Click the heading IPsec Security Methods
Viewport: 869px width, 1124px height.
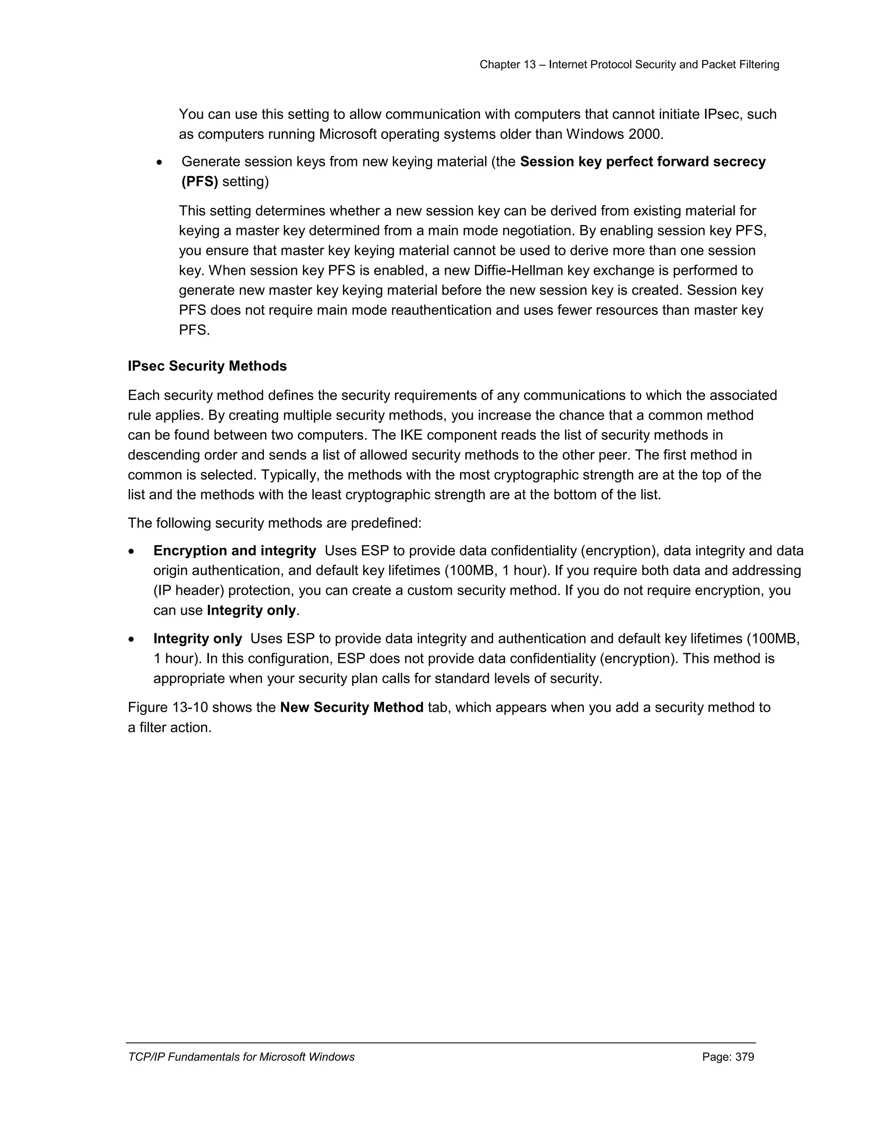coord(207,366)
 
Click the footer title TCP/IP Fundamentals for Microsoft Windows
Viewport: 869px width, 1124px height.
coord(241,1057)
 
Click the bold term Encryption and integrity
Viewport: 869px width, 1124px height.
coord(234,551)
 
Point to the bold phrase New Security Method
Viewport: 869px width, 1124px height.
coord(352,707)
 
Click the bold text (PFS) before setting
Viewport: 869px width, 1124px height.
coord(200,182)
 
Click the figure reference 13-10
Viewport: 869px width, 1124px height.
coord(190,707)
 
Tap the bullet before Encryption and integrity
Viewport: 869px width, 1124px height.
coord(132,552)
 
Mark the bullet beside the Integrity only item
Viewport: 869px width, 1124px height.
coord(132,640)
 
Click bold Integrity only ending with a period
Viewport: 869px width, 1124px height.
coord(251,610)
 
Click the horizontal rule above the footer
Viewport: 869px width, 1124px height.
coord(441,1043)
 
